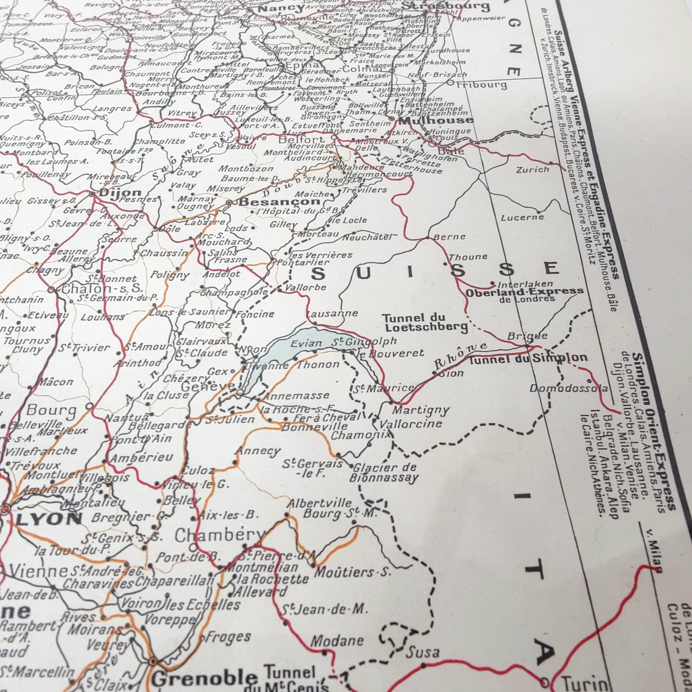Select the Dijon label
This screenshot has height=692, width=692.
tap(120, 192)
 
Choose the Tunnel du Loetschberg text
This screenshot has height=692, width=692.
tap(424, 322)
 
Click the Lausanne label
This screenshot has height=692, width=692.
tap(332, 313)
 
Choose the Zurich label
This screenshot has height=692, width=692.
tap(532, 170)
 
